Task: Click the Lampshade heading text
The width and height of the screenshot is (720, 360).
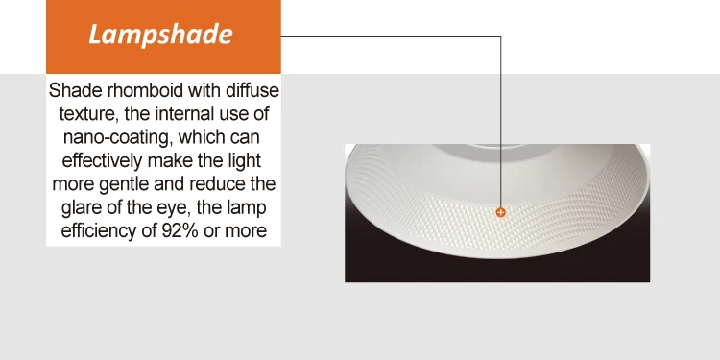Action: pyautogui.click(x=161, y=36)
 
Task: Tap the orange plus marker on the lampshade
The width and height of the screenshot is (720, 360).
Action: pyautogui.click(x=500, y=211)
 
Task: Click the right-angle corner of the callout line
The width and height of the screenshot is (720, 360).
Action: pyautogui.click(x=500, y=37)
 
